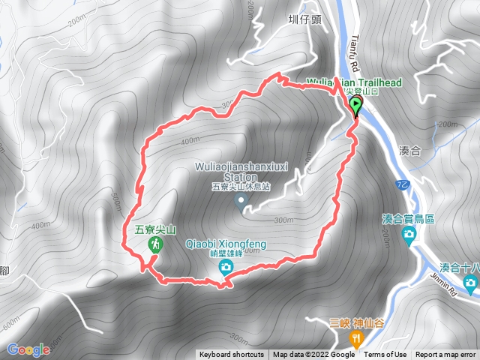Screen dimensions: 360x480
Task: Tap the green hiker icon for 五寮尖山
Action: pos(154,245)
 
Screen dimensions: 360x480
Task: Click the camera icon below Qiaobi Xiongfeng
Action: pos(226,267)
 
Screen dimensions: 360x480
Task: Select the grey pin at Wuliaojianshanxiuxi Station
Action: pos(241,200)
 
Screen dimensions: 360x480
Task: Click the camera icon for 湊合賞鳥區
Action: pos(409,235)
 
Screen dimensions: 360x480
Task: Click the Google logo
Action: pos(29,349)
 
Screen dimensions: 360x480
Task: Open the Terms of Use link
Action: pos(385,355)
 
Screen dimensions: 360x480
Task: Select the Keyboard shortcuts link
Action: pos(232,355)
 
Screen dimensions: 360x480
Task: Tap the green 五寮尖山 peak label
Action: pos(154,230)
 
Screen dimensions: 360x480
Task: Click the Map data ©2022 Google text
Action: pos(313,355)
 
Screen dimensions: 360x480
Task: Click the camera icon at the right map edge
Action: pos(470,283)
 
